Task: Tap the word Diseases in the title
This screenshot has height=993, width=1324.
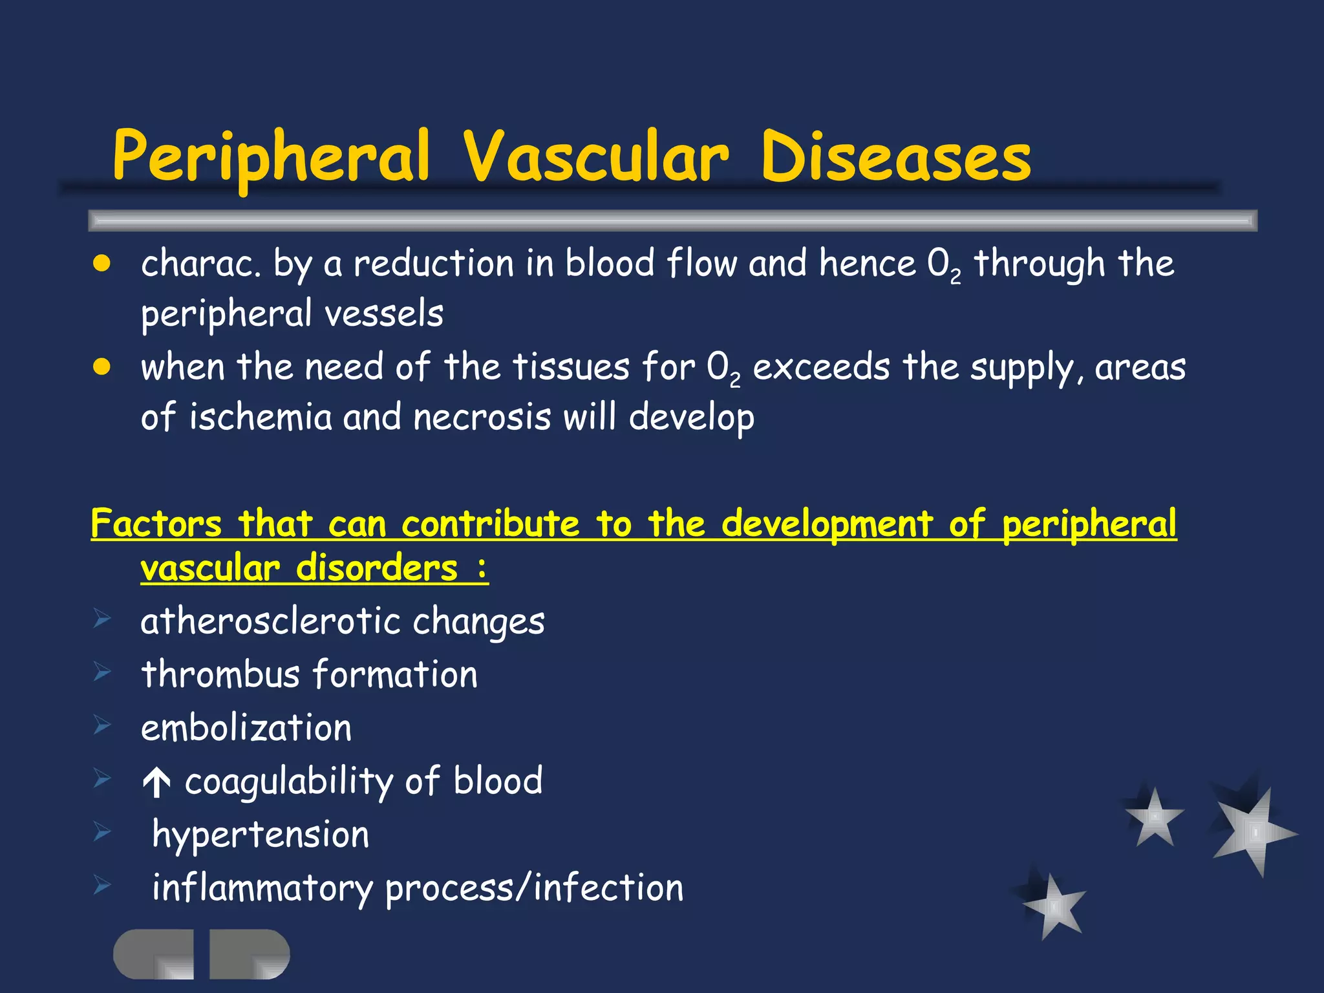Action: coord(895,157)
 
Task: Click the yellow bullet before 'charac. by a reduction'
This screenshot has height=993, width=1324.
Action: coord(101,264)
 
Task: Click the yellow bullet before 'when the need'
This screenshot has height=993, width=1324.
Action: coord(101,367)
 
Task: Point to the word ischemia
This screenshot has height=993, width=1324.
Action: coord(260,416)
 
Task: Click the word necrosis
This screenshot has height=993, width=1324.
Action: coord(482,416)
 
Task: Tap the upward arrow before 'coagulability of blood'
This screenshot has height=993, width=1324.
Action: coord(156,783)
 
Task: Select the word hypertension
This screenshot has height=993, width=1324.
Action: coord(261,835)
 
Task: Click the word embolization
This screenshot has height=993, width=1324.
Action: coord(246,728)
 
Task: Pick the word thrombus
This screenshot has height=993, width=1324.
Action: coord(220,674)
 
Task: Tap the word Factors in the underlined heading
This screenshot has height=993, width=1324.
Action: coord(156,523)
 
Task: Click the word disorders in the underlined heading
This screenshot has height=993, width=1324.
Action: coord(377,568)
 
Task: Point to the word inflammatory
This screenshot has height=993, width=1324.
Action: coord(262,888)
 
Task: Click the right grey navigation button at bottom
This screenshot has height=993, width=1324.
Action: coord(249,954)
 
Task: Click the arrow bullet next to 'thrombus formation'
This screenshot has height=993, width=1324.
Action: coord(102,672)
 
